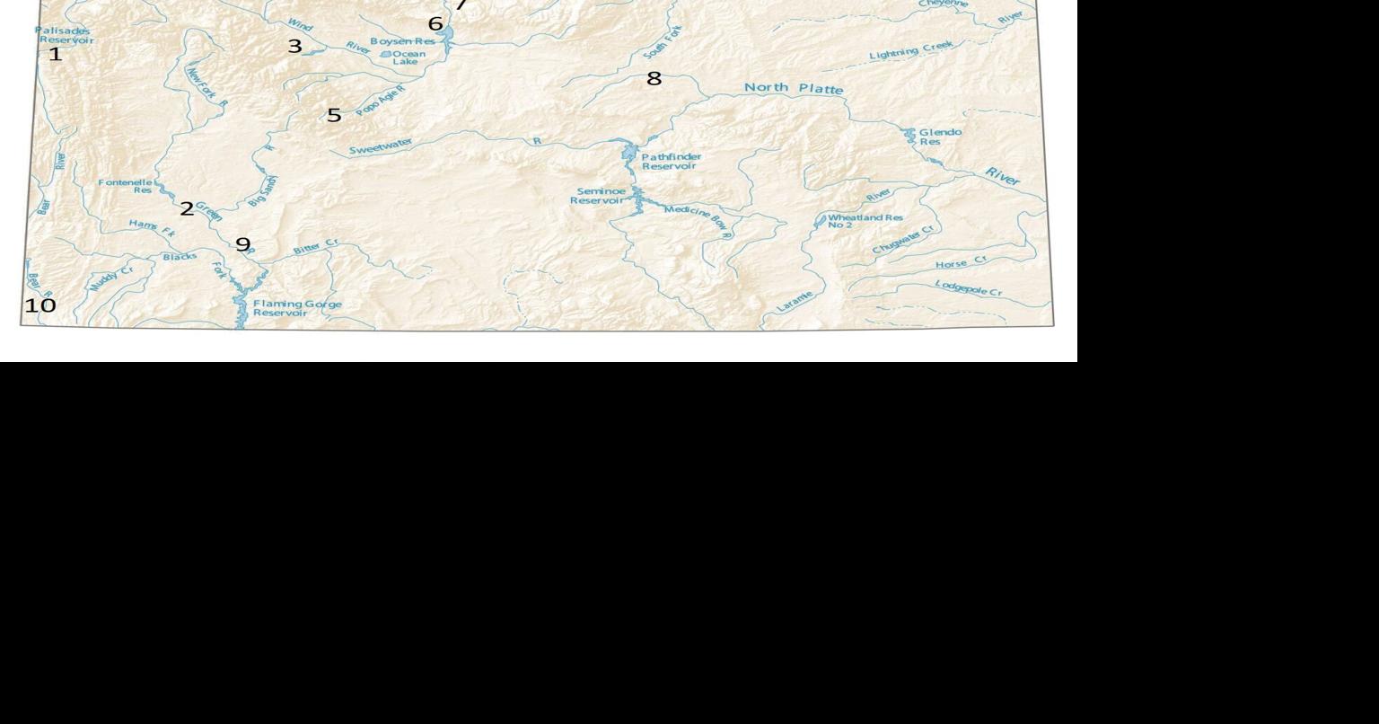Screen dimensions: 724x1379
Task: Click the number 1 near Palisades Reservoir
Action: (x=55, y=55)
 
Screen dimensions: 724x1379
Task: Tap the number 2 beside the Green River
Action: (x=187, y=209)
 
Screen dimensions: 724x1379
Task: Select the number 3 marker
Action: (x=294, y=47)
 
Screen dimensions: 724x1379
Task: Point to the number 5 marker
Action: (x=334, y=115)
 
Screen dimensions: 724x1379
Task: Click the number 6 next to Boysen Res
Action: (x=435, y=24)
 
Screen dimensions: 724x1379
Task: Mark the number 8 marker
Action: (x=654, y=79)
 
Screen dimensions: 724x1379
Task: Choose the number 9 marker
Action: (x=242, y=243)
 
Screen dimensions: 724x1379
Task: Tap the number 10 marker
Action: (x=40, y=305)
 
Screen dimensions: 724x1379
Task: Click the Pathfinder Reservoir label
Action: (x=671, y=162)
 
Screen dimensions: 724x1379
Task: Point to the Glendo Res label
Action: (x=939, y=137)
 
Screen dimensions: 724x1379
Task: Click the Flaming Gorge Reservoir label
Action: (x=296, y=308)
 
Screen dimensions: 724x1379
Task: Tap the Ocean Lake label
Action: (x=408, y=57)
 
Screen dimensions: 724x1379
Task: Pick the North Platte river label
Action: (x=794, y=88)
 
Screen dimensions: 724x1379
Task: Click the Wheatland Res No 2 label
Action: (x=865, y=221)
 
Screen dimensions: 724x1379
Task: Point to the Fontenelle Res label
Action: (x=125, y=186)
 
